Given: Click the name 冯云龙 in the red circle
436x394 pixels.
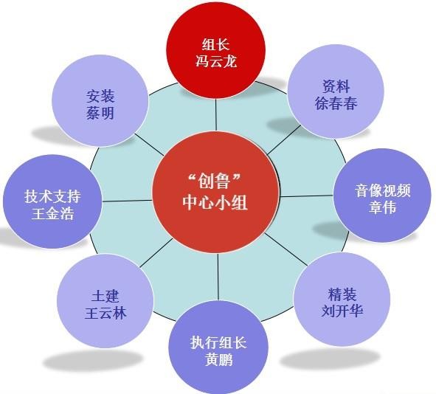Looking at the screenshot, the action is click(x=215, y=61).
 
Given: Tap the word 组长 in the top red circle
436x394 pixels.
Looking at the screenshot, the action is click(x=215, y=44).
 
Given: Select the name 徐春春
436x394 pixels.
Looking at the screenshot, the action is click(x=336, y=103).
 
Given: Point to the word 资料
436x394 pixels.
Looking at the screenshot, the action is click(x=336, y=86).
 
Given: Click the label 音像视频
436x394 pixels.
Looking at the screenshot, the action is click(x=382, y=191).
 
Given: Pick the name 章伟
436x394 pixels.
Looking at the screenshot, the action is click(x=382, y=207).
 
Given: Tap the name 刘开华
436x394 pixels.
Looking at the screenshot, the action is click(x=342, y=311).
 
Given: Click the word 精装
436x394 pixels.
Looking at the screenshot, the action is click(x=342, y=294).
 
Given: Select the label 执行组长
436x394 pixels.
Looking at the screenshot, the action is click(x=218, y=342).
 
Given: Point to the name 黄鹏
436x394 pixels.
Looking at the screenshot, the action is click(x=218, y=359).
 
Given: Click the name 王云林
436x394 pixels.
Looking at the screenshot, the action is click(x=105, y=313).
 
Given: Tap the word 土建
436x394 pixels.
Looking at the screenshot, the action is click(x=105, y=296).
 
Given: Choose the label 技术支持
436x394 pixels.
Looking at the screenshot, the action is click(x=52, y=196).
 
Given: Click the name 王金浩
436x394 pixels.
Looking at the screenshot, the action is click(x=52, y=213).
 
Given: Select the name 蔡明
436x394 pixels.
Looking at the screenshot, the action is click(x=100, y=113).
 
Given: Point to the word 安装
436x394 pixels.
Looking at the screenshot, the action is click(x=100, y=97).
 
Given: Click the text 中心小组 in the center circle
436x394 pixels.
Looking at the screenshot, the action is click(x=215, y=202).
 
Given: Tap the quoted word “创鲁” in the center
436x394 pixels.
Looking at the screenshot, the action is click(x=215, y=182).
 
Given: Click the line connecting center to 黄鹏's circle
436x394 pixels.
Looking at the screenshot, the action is click(x=218, y=277).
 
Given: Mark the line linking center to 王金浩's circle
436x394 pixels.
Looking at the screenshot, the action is click(x=127, y=201).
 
